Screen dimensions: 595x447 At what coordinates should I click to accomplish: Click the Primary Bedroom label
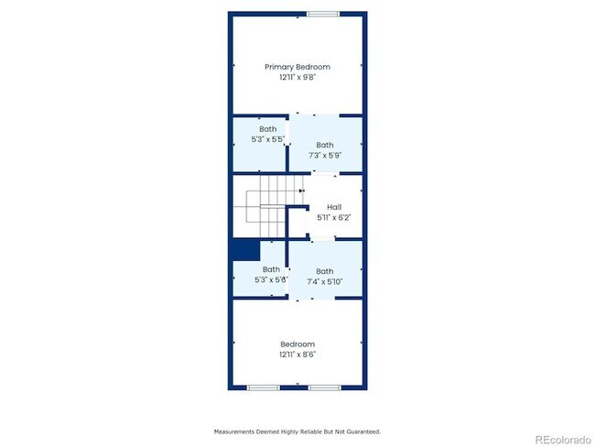(297, 67)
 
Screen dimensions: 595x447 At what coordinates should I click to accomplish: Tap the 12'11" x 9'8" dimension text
(297, 78)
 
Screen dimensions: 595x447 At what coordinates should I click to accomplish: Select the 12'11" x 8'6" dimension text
(297, 354)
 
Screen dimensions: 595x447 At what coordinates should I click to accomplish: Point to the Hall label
(334, 207)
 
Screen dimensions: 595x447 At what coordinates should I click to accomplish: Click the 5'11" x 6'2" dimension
(334, 218)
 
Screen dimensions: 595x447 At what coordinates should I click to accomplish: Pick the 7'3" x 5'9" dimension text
(325, 156)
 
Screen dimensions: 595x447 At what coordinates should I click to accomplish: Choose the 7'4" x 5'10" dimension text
(325, 282)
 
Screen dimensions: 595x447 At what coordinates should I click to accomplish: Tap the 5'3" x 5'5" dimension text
(268, 139)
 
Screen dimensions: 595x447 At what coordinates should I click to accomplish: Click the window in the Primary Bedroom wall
(323, 14)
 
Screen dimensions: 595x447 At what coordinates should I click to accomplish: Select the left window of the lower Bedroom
(263, 387)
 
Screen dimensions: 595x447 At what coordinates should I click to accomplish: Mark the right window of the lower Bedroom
(324, 387)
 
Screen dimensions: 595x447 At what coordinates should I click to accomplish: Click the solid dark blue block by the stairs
(246, 249)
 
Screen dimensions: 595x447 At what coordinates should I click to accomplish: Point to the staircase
(268, 206)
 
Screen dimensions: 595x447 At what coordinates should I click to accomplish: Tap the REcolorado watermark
(563, 440)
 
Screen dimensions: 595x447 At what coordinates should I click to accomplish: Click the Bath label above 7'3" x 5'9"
(325, 145)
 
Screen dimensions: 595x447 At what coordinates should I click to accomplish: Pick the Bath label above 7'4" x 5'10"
(325, 271)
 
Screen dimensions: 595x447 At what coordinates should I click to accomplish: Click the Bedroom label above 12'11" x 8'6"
(297, 344)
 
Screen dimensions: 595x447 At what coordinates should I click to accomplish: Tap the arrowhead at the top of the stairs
(301, 191)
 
